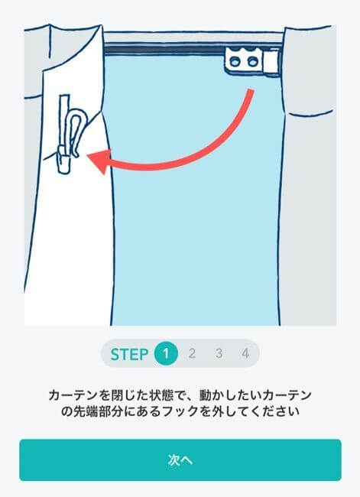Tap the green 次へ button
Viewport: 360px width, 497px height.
click(x=180, y=460)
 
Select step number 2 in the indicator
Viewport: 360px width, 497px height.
click(x=192, y=353)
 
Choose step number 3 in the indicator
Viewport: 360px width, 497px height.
click(x=219, y=353)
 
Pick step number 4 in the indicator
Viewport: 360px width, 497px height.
click(x=245, y=353)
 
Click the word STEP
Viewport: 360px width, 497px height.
click(x=129, y=354)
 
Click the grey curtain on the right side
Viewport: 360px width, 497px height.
click(x=310, y=191)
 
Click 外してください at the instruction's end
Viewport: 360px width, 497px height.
click(x=253, y=411)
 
